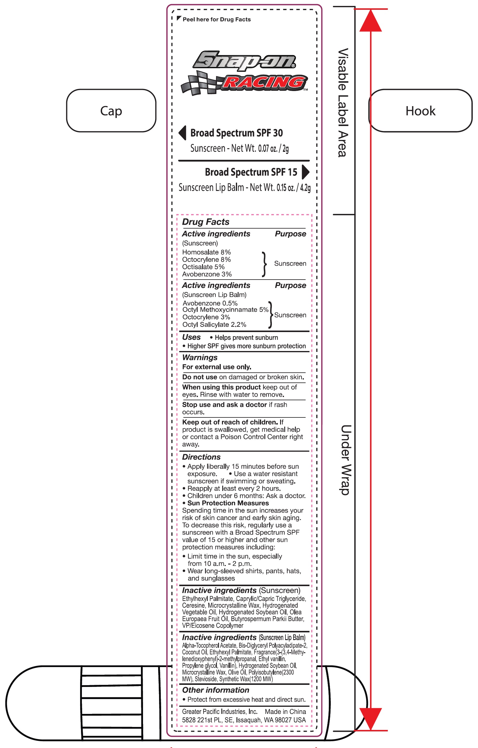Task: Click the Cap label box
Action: point(111,111)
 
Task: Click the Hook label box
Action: point(420,111)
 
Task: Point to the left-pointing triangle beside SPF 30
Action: point(182,133)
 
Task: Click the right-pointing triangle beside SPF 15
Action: point(306,172)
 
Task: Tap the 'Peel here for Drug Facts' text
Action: point(216,19)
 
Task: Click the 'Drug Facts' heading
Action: point(205,222)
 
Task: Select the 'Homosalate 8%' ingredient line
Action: point(207,252)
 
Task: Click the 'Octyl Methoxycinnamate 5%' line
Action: point(225,310)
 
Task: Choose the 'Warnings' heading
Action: point(200,358)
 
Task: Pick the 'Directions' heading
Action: point(201,457)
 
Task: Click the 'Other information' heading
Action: point(215,690)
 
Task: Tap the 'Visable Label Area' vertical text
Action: point(343,103)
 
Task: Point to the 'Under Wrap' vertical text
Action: point(345,460)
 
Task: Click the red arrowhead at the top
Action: point(371,21)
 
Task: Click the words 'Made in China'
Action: point(285,711)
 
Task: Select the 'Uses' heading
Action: point(191,337)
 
